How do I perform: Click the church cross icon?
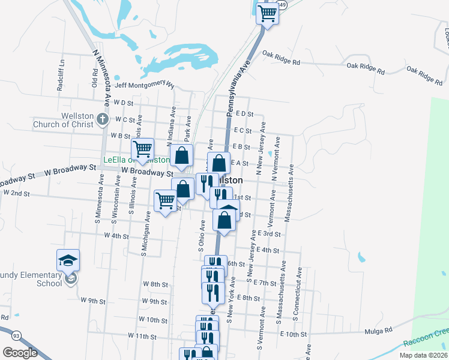(x=103, y=118)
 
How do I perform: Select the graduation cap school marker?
(x=68, y=260)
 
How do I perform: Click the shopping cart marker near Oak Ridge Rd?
(x=268, y=13)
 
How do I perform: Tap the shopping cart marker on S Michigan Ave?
(x=166, y=200)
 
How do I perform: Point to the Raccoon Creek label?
(x=425, y=341)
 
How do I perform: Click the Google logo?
(x=20, y=353)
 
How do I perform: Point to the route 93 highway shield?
(x=15, y=334)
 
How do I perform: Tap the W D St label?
(x=122, y=103)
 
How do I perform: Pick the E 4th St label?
(x=268, y=250)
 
